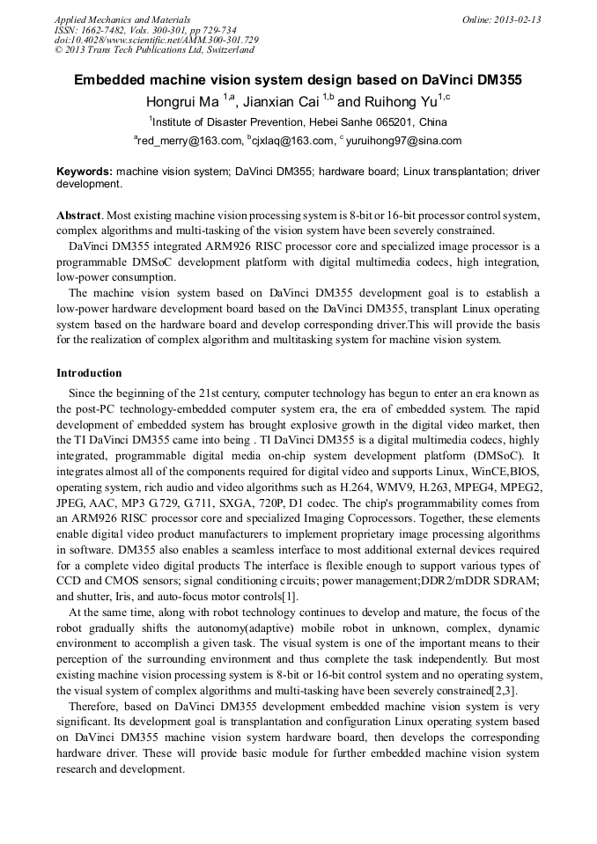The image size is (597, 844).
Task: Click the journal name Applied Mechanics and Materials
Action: [x=122, y=19]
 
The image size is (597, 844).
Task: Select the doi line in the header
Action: [x=157, y=40]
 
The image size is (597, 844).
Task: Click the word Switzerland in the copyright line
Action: [x=222, y=50]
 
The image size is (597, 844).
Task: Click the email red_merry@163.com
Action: [x=188, y=141]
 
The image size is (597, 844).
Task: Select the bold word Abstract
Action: [x=79, y=216]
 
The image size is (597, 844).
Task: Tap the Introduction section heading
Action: [x=89, y=373]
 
